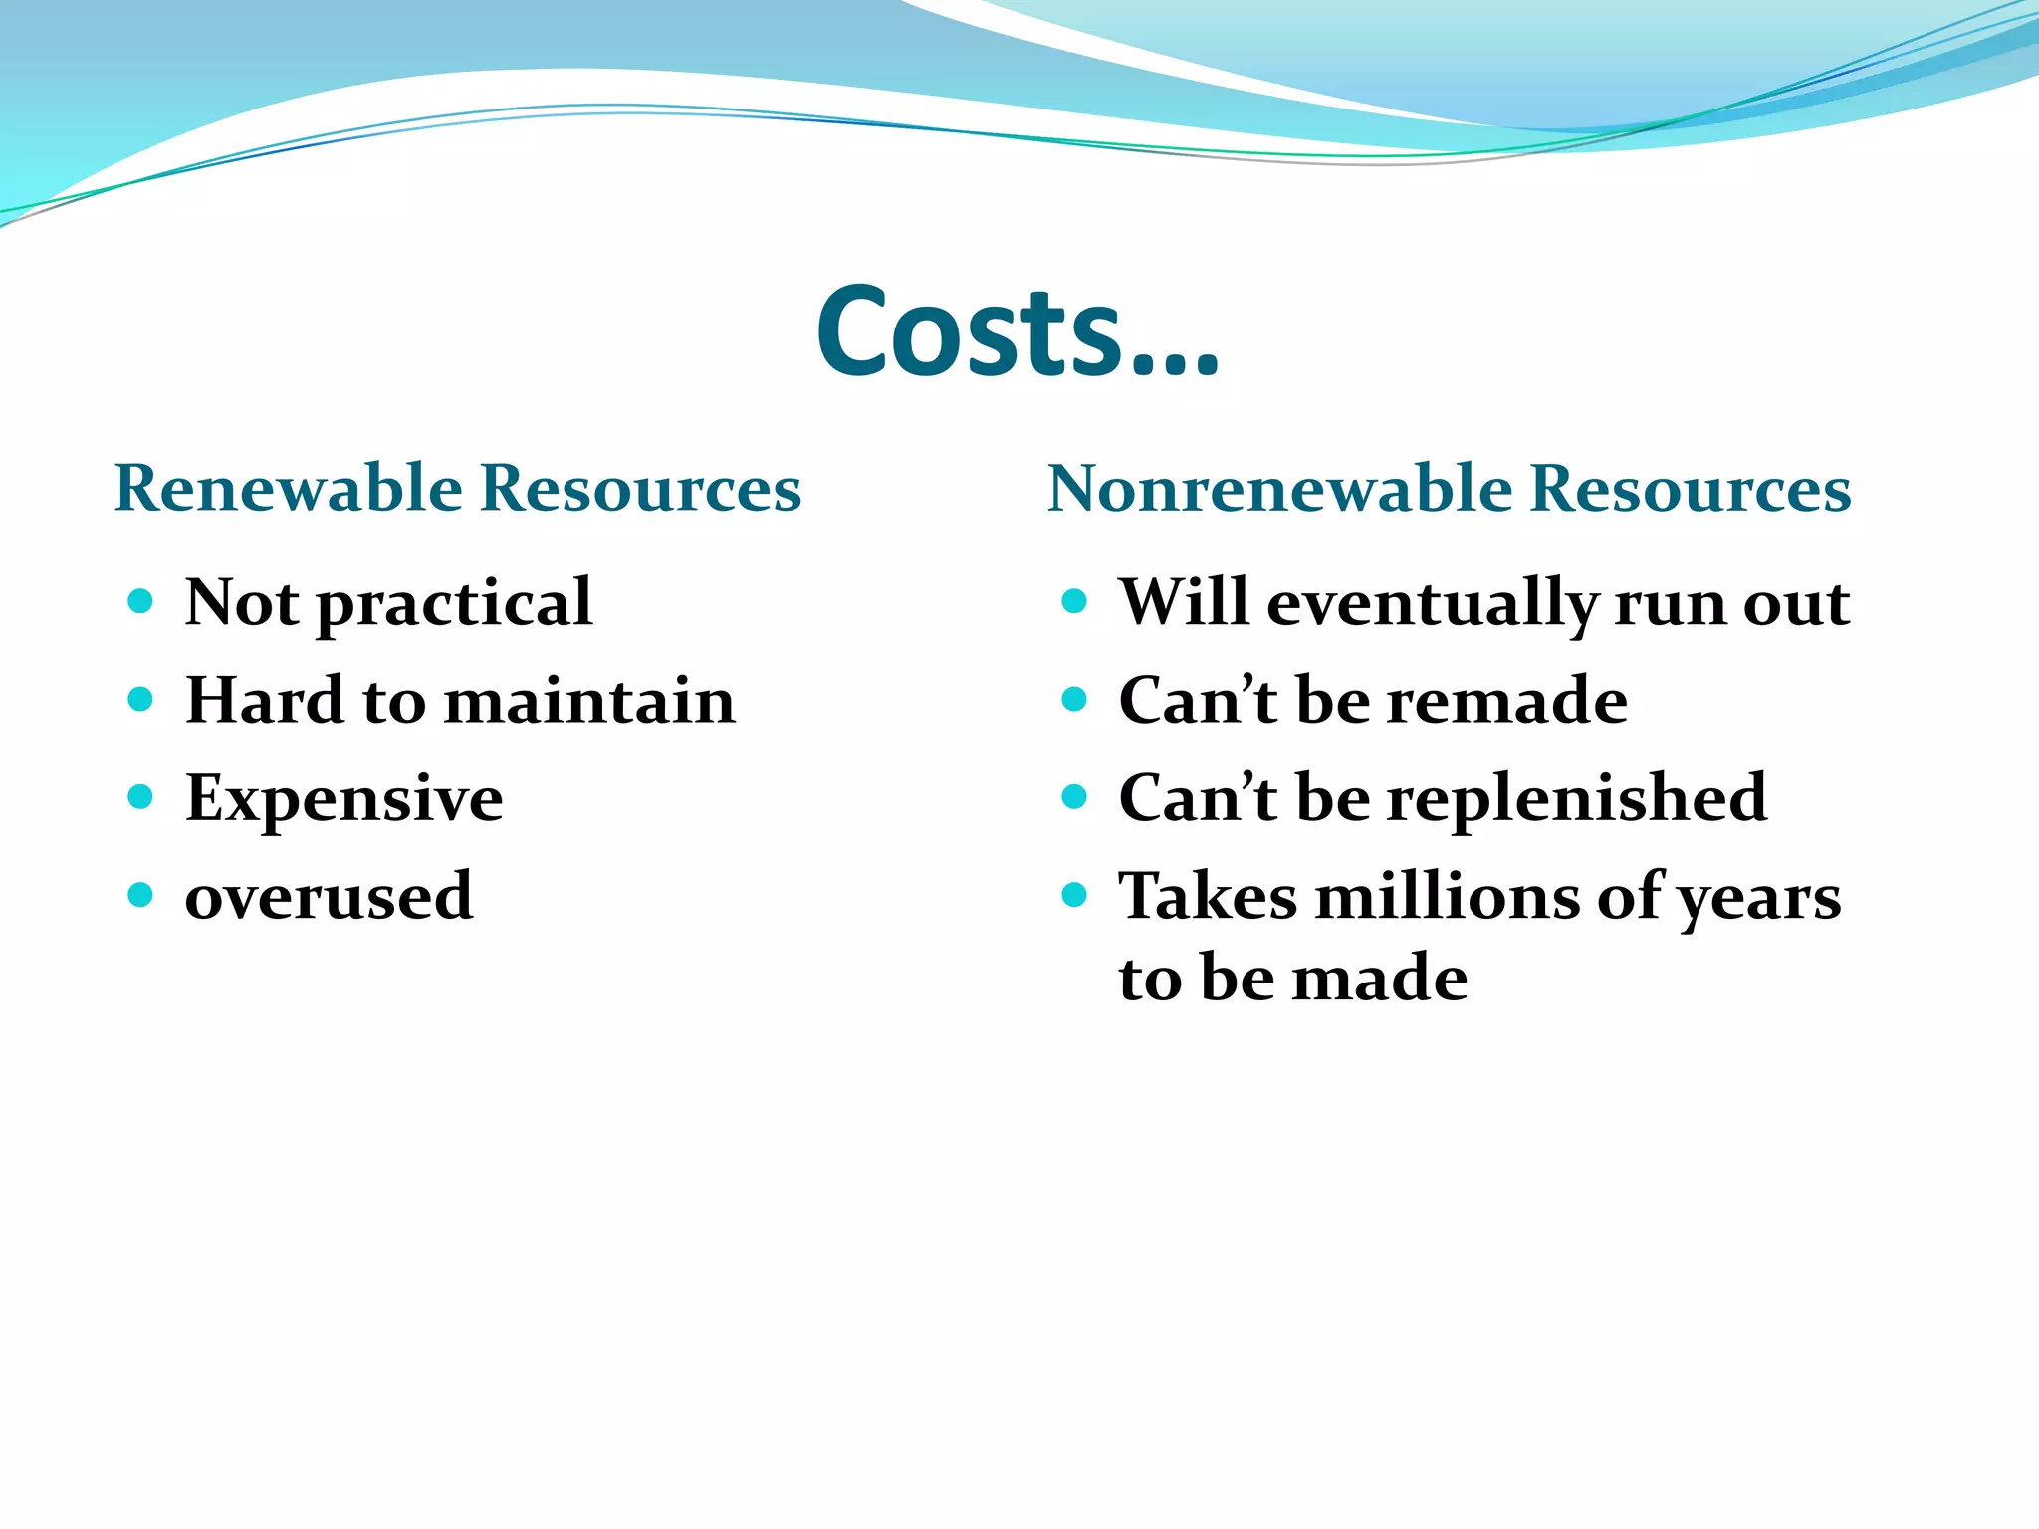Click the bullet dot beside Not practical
point(140,601)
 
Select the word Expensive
point(344,799)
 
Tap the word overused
point(329,896)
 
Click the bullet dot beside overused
point(140,894)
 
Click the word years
point(1759,899)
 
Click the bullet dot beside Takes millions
point(1073,894)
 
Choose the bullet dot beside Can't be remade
point(1073,699)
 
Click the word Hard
point(265,700)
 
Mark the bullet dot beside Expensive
point(140,796)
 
